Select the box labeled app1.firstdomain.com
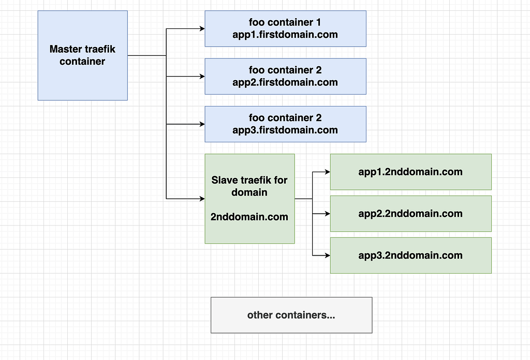(x=285, y=29)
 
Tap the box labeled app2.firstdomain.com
(x=285, y=77)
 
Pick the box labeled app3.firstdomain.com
(x=285, y=124)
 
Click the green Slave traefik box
(x=249, y=199)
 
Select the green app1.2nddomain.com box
(x=410, y=172)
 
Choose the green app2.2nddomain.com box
(x=410, y=214)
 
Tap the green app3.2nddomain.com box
(x=410, y=255)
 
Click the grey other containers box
(x=291, y=315)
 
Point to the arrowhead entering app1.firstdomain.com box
(x=202, y=29)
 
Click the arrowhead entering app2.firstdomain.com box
(x=202, y=77)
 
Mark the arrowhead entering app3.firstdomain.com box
(x=202, y=124)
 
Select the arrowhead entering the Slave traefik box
(x=202, y=199)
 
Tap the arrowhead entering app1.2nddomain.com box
(x=328, y=172)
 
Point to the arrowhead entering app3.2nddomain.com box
(x=328, y=255)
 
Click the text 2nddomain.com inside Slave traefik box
(x=249, y=217)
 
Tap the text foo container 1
(x=285, y=23)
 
